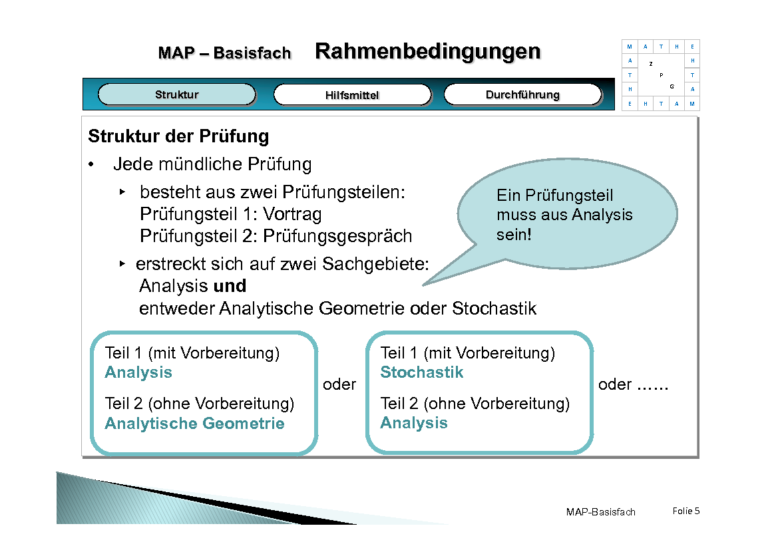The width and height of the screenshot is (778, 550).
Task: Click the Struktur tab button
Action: [x=176, y=94]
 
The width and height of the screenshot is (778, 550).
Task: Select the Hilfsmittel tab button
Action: [x=352, y=95]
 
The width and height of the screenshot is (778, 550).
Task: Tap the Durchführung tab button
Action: [x=522, y=94]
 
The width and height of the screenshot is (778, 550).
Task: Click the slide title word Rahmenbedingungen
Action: [x=427, y=51]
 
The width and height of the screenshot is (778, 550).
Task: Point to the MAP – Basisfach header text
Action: [x=224, y=53]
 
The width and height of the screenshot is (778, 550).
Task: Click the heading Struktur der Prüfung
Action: [x=178, y=136]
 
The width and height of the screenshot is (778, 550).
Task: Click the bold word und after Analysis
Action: [x=230, y=286]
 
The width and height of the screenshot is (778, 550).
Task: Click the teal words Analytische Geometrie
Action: [x=194, y=424]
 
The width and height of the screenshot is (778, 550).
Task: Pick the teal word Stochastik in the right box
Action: [x=421, y=372]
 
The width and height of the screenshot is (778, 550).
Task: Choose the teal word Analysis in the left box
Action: [x=138, y=372]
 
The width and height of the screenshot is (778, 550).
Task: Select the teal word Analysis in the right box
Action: [x=413, y=423]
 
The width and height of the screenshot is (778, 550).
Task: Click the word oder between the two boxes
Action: [x=339, y=384]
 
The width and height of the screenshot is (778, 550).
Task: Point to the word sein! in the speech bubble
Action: [x=514, y=235]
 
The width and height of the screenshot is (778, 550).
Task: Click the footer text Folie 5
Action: [x=686, y=511]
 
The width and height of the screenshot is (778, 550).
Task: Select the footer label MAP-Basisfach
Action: [x=600, y=511]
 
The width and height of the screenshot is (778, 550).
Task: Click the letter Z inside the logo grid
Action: [x=650, y=64]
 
